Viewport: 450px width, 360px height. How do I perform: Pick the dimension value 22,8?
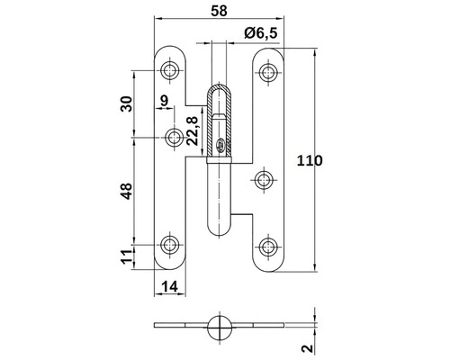(x=191, y=127)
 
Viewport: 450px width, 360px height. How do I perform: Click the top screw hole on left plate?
(x=170, y=69)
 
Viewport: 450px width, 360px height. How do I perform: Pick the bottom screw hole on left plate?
(x=170, y=245)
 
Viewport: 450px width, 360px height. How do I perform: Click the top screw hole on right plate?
(x=268, y=69)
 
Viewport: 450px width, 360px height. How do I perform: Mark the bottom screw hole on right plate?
(x=268, y=246)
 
